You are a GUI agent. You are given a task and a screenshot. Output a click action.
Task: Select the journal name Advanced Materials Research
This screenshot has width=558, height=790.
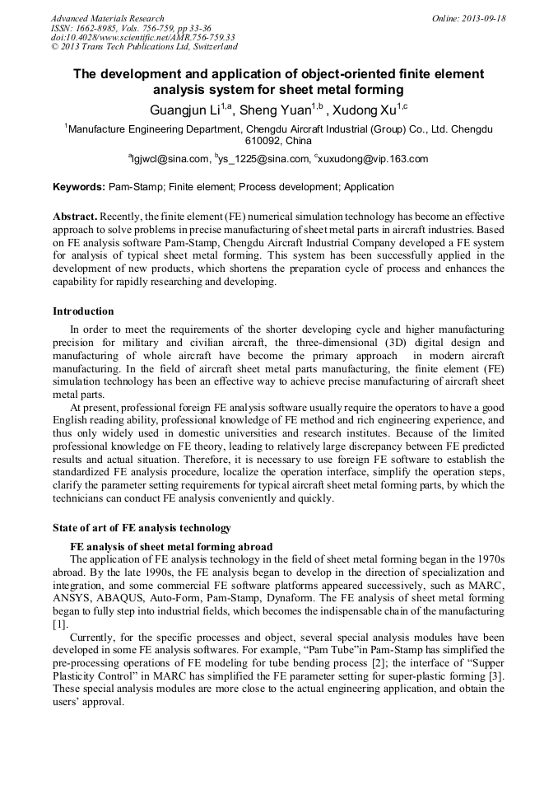click(x=107, y=18)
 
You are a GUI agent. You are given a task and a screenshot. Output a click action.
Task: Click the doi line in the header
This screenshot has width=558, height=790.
click(x=142, y=37)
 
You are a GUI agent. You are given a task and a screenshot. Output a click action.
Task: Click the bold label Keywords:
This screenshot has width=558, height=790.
click(x=79, y=187)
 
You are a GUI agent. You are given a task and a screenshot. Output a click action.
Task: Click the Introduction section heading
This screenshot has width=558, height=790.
click(x=83, y=311)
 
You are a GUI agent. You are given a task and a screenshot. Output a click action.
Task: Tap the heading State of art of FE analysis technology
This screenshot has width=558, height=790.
click(x=142, y=528)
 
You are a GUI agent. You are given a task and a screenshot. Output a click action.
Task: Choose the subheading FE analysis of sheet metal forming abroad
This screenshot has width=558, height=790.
click(x=171, y=547)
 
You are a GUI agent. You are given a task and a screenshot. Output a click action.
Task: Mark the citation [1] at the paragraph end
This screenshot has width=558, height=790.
click(x=60, y=624)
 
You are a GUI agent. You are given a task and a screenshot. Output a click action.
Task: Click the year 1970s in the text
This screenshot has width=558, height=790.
click(x=486, y=559)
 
